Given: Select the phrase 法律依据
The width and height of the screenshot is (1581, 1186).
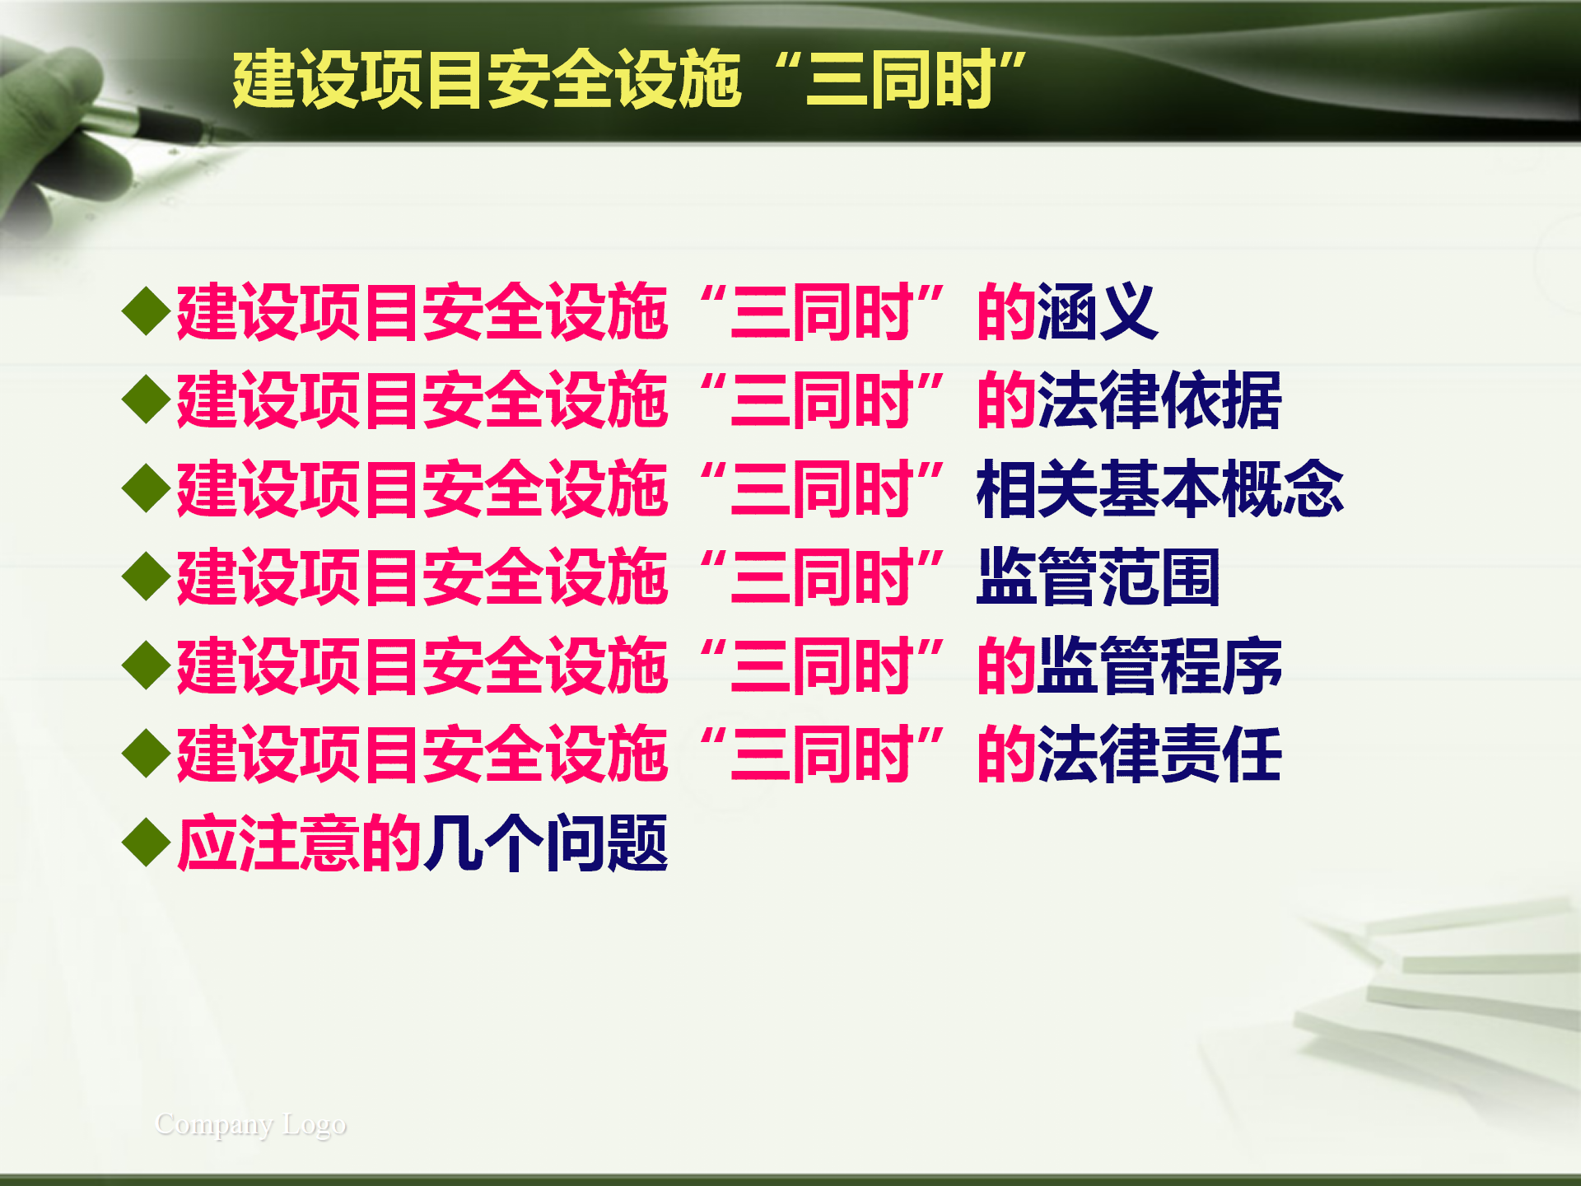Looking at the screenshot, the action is [1159, 400].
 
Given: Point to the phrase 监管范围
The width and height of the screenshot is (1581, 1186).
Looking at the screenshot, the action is [1098, 577].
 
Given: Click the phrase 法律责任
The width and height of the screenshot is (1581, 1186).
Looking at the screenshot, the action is [1159, 754].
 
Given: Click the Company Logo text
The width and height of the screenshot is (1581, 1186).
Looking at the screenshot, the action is [251, 1125].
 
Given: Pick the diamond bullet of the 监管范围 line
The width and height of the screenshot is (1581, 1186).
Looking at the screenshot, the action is [147, 577].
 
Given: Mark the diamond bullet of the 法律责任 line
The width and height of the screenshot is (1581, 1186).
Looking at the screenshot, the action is [147, 754].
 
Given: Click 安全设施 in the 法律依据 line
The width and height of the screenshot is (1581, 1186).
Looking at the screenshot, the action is [545, 400].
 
